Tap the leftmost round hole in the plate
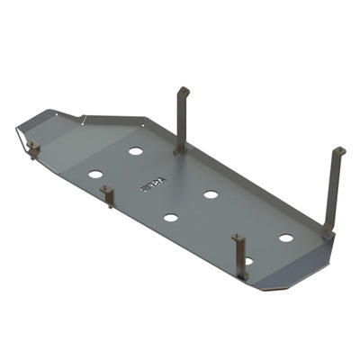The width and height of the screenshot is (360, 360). click(x=95, y=174)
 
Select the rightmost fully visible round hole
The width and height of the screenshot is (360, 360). click(x=285, y=238)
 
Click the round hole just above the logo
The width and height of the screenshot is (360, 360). click(x=135, y=151)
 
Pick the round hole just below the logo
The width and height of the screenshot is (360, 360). click(x=170, y=217)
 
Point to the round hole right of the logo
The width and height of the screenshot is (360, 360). click(x=211, y=194)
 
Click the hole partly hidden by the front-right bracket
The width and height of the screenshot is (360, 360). click(x=247, y=261)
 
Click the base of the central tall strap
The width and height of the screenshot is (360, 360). click(x=180, y=148)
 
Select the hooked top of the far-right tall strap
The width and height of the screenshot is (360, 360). click(x=338, y=152)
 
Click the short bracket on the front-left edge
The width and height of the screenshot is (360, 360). click(x=108, y=195)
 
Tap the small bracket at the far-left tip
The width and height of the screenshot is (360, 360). click(x=33, y=149)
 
